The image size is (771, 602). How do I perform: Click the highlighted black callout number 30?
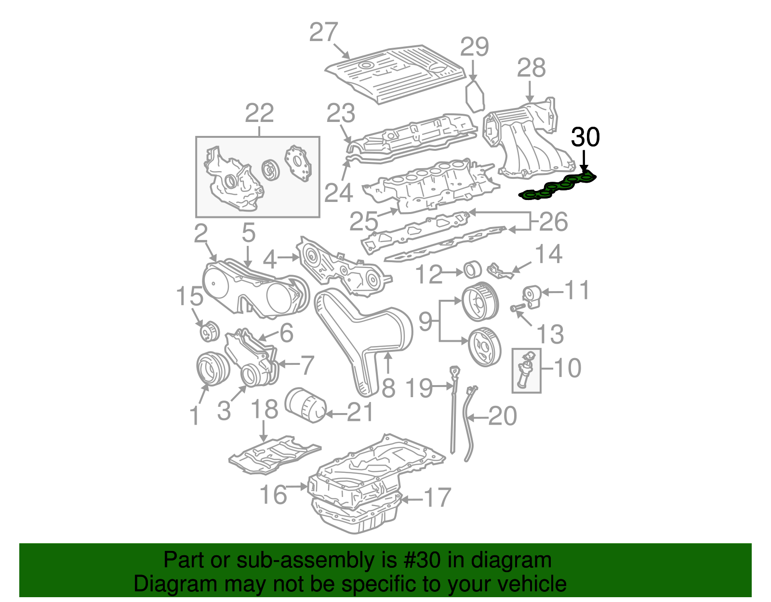click(x=585, y=137)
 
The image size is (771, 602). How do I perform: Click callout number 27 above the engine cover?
click(x=323, y=33)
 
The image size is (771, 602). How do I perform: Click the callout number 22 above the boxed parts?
click(x=259, y=114)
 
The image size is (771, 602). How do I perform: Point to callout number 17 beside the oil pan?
click(x=437, y=498)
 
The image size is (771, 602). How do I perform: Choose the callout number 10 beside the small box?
click(x=568, y=368)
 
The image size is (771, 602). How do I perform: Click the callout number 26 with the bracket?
click(x=554, y=222)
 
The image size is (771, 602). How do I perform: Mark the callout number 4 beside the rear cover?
click(x=269, y=260)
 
